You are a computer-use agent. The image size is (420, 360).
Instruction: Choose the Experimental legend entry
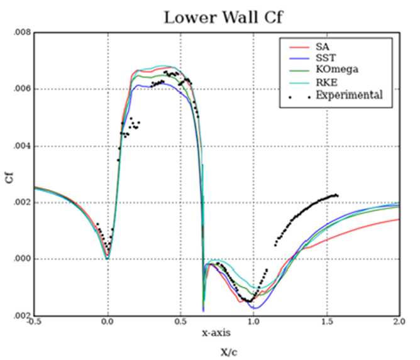[x=345, y=95]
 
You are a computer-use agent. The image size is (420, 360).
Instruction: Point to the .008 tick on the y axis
[x=23, y=33]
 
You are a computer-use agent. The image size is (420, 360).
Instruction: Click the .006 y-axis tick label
[x=23, y=89]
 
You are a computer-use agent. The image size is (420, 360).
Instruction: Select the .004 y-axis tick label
[x=23, y=146]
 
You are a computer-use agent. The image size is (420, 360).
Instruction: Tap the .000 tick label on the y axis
[x=23, y=259]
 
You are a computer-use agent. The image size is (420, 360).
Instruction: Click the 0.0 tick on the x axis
[x=108, y=322]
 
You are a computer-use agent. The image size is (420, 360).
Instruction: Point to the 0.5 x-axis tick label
[x=180, y=322]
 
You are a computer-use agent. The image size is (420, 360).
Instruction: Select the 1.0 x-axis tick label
[x=253, y=322]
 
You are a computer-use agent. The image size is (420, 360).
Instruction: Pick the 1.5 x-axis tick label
[x=326, y=322]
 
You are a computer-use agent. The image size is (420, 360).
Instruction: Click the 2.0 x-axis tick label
[x=399, y=322]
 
